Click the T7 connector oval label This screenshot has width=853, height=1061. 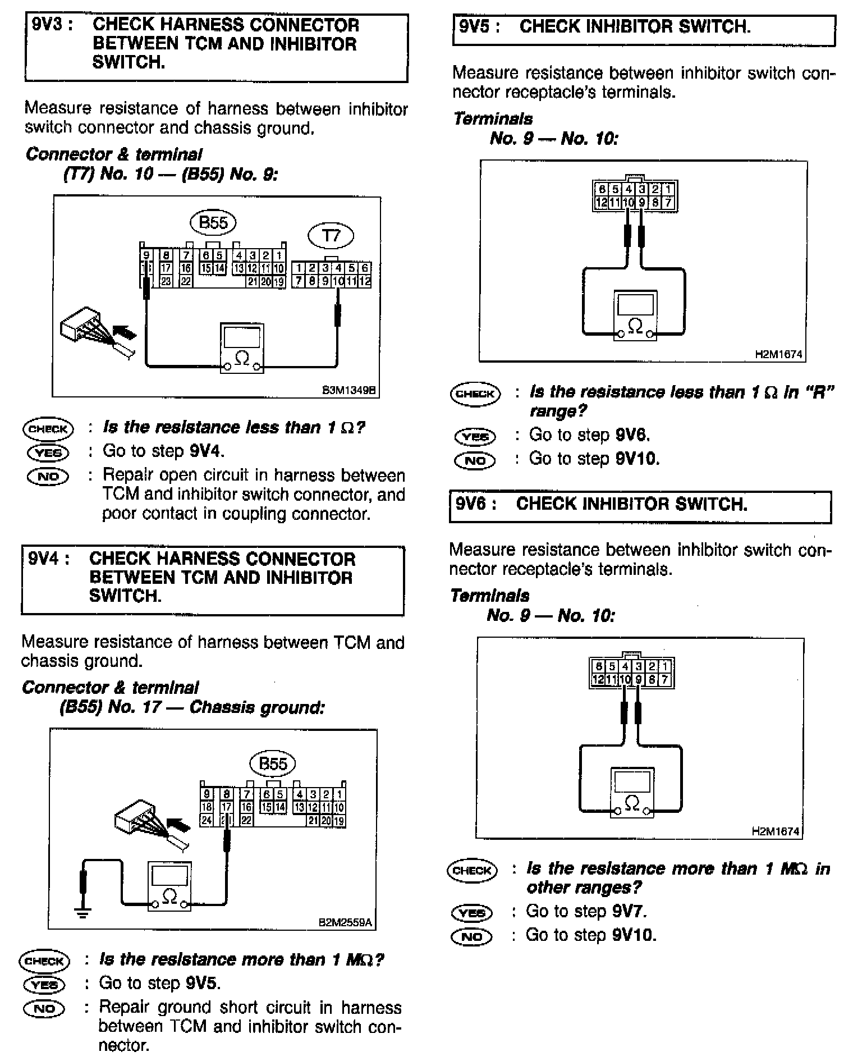point(331,236)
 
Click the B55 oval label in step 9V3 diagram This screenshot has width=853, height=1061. point(213,223)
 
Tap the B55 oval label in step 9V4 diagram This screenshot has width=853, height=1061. point(273,763)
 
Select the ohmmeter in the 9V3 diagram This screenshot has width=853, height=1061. point(242,348)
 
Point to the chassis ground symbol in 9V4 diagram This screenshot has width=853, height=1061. point(83,913)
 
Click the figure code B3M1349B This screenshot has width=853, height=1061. point(348,390)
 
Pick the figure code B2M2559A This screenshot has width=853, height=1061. point(345,922)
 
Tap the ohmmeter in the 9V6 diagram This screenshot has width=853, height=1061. point(632,792)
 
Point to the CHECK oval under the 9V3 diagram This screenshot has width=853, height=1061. point(48,429)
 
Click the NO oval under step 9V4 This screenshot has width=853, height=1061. point(44,1009)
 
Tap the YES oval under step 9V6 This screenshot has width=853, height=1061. point(471,913)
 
